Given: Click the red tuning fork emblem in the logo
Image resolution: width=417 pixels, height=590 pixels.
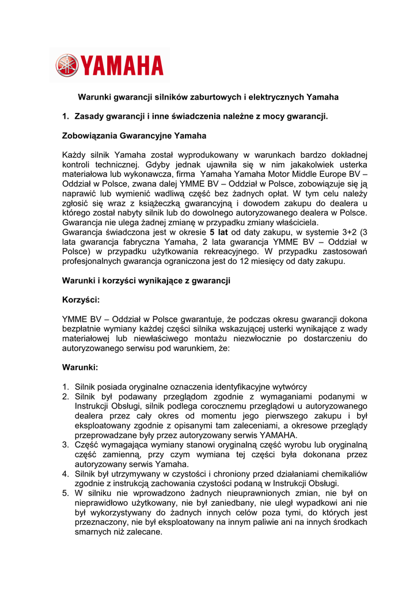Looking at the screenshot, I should [x=67, y=65].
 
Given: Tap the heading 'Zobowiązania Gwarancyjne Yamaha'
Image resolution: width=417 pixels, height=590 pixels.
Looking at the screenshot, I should [x=134, y=136].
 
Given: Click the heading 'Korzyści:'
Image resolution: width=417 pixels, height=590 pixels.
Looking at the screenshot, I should [x=81, y=300].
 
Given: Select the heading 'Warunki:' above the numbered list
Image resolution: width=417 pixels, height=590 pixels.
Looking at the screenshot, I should [x=80, y=367].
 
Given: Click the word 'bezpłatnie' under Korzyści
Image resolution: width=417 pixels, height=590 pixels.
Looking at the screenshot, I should [x=83, y=329].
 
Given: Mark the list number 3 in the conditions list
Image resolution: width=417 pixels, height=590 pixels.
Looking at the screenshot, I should [x=65, y=445].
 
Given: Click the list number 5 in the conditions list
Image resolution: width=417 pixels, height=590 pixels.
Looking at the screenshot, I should [x=65, y=493].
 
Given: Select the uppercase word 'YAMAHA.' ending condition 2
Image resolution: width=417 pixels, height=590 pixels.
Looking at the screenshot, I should [x=278, y=435].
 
